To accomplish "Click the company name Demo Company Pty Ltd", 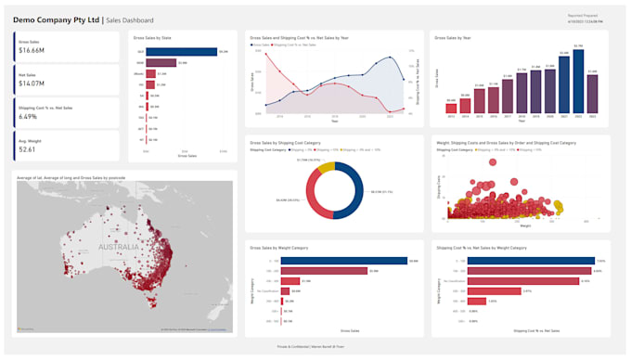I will [56, 19].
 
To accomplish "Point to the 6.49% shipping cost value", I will [28, 117].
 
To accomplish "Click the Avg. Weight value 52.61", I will [27, 149].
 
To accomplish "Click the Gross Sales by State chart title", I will [153, 37].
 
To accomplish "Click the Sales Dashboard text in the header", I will [131, 20].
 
